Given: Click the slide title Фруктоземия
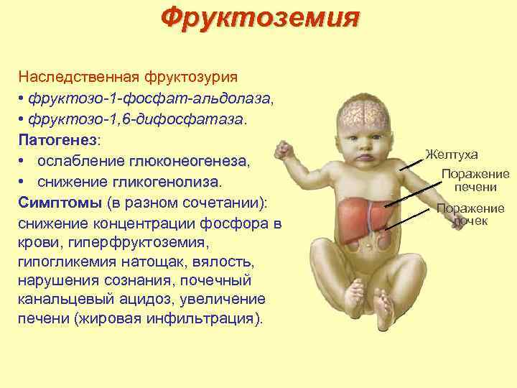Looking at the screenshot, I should click(x=258, y=17).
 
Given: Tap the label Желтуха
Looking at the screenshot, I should click(x=452, y=154).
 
